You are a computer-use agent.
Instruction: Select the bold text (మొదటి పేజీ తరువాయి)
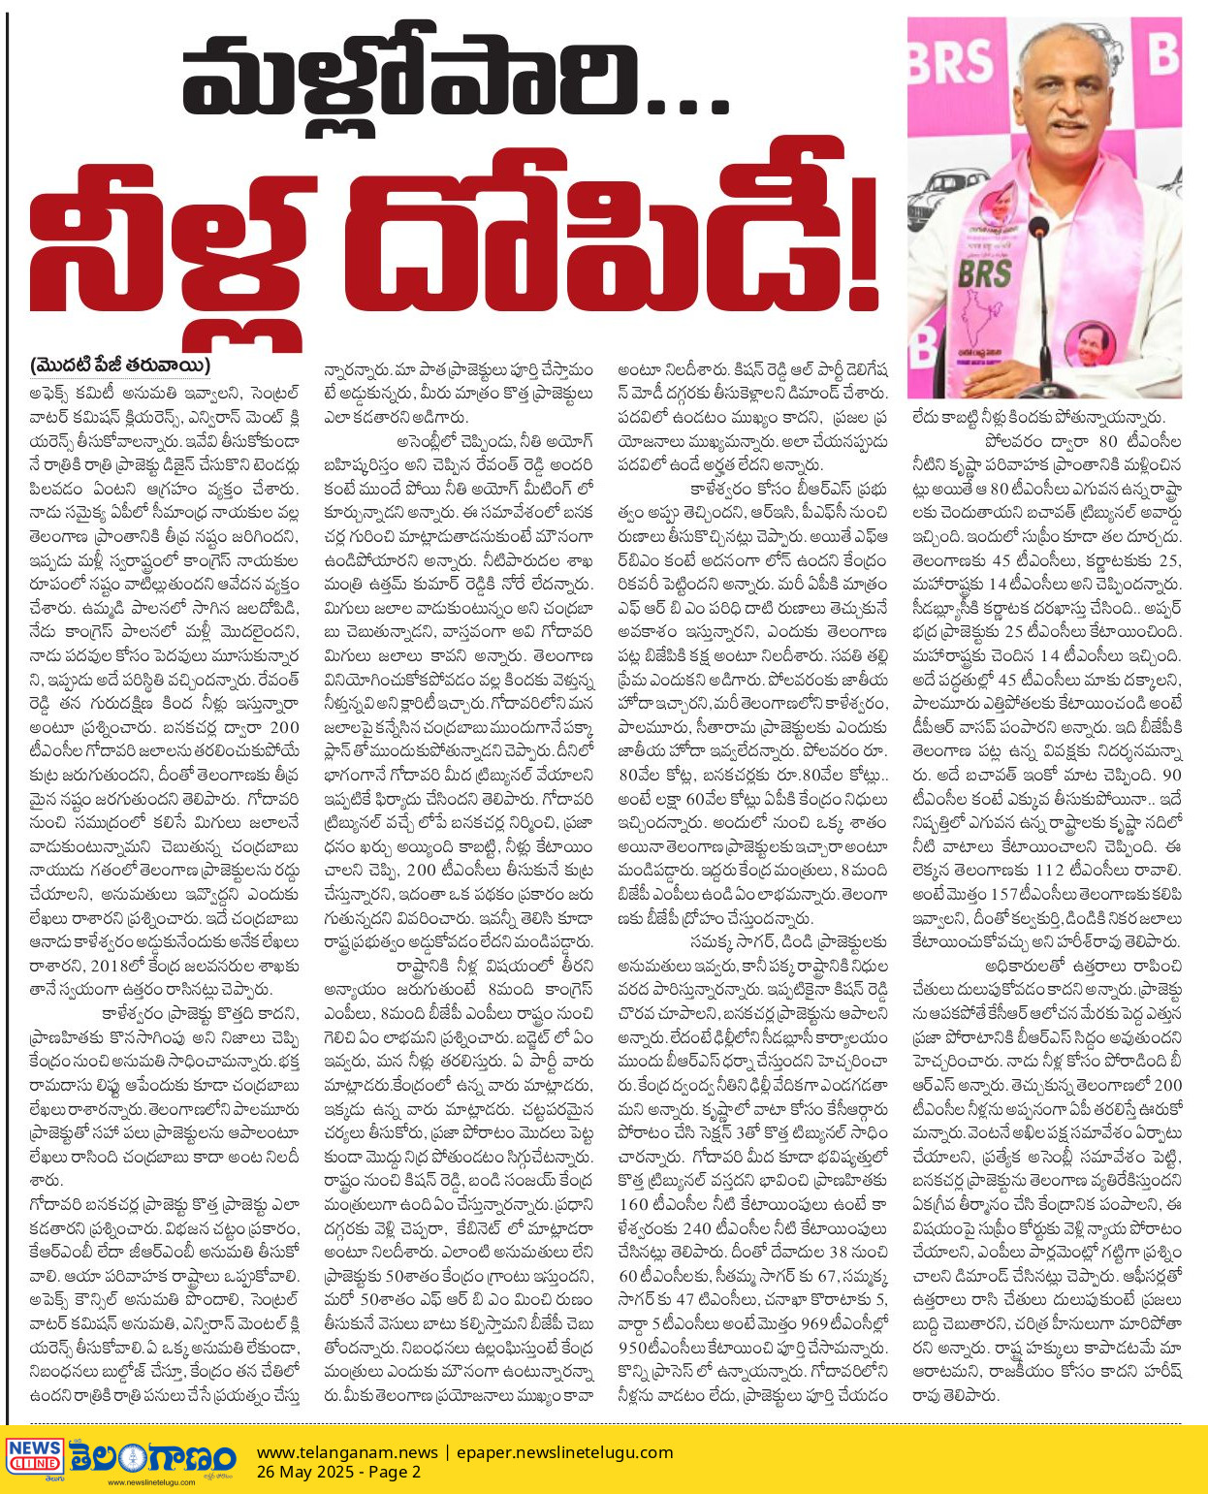click(x=120, y=366)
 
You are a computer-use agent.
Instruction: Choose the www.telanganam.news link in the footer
click(x=347, y=1452)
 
